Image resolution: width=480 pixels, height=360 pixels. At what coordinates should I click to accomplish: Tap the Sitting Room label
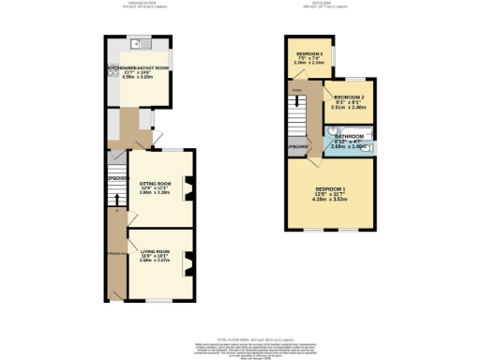[155, 183]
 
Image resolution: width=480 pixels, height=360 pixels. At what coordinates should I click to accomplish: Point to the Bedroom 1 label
[330, 190]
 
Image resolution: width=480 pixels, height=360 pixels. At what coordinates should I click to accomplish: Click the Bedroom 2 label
[348, 97]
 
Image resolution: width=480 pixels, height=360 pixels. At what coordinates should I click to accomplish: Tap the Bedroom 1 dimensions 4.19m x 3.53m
[330, 201]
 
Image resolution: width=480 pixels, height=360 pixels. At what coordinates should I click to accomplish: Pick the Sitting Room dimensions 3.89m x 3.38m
[155, 193]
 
